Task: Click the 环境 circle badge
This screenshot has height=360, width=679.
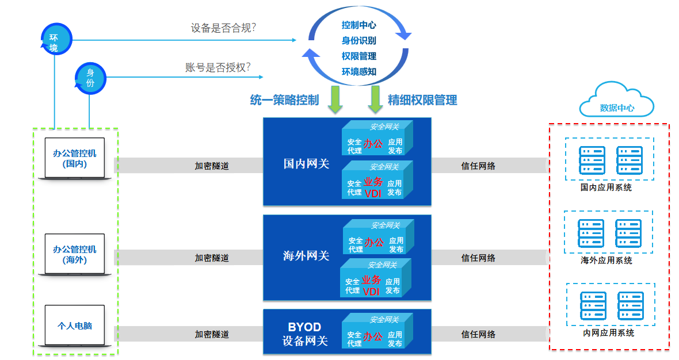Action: tap(54, 39)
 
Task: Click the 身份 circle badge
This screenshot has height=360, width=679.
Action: tap(90, 78)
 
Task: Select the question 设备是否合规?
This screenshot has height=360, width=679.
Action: tap(223, 28)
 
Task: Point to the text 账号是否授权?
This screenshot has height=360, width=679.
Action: tap(218, 67)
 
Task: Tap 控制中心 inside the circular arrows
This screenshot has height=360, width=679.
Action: tap(358, 25)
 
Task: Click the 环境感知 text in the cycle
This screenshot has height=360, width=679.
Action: tap(358, 72)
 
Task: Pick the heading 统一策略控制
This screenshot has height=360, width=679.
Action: tap(284, 100)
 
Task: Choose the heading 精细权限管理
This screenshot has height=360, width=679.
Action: tap(422, 100)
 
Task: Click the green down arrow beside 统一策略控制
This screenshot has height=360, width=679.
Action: tap(335, 99)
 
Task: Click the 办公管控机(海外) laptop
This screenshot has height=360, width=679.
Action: tap(75, 254)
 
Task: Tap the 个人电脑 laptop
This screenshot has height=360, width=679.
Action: tap(75, 326)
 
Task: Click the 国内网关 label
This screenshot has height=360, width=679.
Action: tap(306, 164)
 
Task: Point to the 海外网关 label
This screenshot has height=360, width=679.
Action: tap(306, 256)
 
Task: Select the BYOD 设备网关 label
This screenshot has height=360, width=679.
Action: tap(305, 334)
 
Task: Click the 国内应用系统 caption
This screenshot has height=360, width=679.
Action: tap(606, 187)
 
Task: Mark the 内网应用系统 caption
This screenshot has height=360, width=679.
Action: tap(608, 332)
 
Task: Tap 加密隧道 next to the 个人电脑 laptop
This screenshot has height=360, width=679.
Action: tap(212, 334)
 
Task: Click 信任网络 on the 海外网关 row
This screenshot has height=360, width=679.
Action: tap(478, 258)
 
